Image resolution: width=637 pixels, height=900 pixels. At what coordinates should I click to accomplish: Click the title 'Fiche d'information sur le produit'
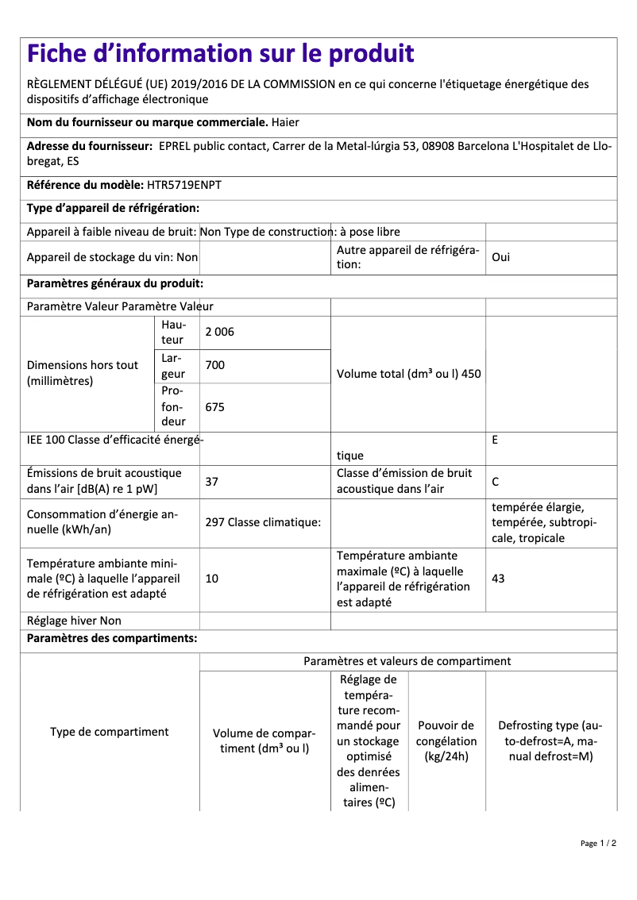[x=221, y=54]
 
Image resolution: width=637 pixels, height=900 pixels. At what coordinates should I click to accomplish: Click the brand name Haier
[x=285, y=122]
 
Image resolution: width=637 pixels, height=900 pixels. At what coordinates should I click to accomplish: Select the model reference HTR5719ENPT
[x=184, y=185]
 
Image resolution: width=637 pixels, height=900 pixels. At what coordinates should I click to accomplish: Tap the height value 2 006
[x=220, y=333]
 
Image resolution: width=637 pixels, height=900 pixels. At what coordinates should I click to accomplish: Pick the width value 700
[x=215, y=366]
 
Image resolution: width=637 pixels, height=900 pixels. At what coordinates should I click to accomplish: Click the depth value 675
[x=215, y=407]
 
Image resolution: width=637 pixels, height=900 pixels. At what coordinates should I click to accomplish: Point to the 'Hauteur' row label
[x=174, y=333]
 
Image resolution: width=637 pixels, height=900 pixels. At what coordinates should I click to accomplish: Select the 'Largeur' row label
[x=174, y=366]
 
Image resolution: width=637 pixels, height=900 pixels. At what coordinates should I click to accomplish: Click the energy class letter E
[x=495, y=439]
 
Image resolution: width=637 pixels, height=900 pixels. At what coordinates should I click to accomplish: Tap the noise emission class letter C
[x=496, y=481]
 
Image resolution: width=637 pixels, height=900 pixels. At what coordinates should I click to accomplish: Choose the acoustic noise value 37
[x=212, y=481]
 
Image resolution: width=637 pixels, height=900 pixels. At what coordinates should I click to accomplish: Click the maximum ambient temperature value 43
[x=498, y=579]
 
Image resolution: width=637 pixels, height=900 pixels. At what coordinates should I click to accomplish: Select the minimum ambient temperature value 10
[x=212, y=579]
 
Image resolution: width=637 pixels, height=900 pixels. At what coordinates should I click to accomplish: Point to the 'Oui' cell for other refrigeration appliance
[x=501, y=258]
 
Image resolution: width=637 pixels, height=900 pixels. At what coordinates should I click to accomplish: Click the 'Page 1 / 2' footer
[x=598, y=843]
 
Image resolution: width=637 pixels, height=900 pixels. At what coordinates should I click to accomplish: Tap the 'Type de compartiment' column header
[x=110, y=732]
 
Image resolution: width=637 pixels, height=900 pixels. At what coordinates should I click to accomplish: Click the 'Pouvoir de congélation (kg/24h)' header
[x=446, y=740]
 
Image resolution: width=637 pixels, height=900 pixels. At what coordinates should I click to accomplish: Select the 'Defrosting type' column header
[x=550, y=740]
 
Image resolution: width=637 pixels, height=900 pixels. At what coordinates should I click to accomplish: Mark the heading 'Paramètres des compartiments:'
[x=112, y=638]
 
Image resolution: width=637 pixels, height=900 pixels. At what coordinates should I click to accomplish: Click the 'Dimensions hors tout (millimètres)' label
[x=83, y=373]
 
